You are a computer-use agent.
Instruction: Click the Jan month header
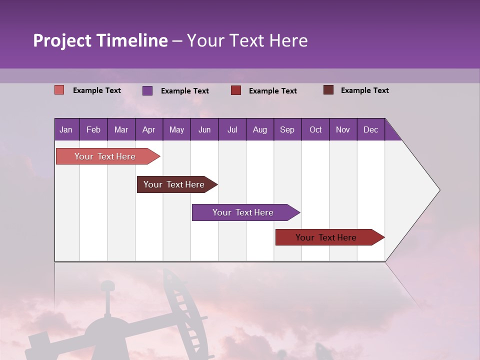pos(66,129)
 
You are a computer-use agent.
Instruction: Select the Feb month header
pos(93,129)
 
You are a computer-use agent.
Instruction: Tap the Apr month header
pos(148,129)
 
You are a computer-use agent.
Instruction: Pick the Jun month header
pos(204,129)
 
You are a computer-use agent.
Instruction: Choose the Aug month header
pos(259,129)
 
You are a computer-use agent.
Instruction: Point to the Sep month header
pos(287,129)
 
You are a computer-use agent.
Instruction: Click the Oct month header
pos(315,129)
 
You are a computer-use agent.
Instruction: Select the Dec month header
pos(370,129)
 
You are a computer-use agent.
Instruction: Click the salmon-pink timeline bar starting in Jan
pos(105,156)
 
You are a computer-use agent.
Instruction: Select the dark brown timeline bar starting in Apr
pos(174,184)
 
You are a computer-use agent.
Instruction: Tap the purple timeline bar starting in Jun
pos(243,212)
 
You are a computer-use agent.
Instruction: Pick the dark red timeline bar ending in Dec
pos(326,237)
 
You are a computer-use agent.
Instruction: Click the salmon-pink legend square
pos(59,90)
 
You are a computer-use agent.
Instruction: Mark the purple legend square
pos(147,90)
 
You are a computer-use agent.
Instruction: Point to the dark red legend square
pos(236,90)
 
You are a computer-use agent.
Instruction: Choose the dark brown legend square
pos(328,90)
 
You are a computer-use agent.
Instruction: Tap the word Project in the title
pos(62,40)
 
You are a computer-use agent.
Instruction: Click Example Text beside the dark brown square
pos(364,90)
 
